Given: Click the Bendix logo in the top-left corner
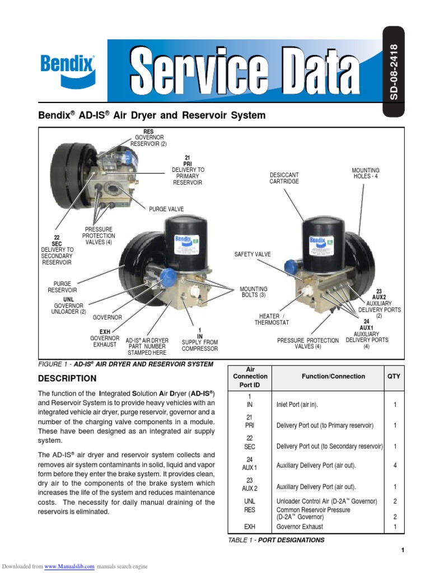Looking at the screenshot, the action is pyautogui.click(x=68, y=69).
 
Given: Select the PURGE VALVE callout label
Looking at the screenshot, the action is pyautogui.click(x=166, y=209).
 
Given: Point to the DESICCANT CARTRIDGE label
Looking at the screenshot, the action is pyautogui.click(x=284, y=178).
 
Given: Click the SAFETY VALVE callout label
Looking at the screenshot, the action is pyautogui.click(x=252, y=255).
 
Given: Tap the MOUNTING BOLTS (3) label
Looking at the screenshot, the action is pyautogui.click(x=254, y=292).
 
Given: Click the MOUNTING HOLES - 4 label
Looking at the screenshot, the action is pyautogui.click(x=366, y=173).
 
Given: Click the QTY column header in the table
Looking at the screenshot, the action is pyautogui.click(x=394, y=377).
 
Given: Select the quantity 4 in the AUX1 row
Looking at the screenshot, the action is pyautogui.click(x=395, y=466).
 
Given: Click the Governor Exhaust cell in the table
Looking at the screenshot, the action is pyautogui.click(x=300, y=527).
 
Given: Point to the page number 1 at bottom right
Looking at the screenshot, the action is pyautogui.click(x=402, y=551).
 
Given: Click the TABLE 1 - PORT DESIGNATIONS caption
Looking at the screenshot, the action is pyautogui.click(x=275, y=540).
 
